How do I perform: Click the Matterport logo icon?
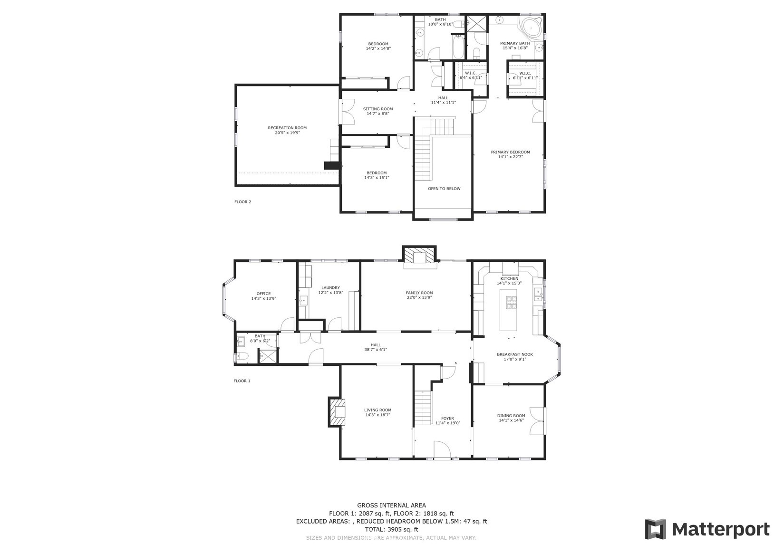pos(656,529)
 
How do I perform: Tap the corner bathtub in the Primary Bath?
pos(531,25)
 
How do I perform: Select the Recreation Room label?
pos(287,128)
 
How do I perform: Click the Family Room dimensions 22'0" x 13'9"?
pos(419,297)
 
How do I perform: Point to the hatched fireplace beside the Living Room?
pos(337,412)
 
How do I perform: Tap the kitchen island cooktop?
pos(512,303)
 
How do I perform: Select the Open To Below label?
pos(445,189)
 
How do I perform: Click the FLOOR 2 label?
pos(243,202)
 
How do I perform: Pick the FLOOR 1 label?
pos(242,381)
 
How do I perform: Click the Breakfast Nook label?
pos(515,354)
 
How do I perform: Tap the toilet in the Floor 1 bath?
pos(242,356)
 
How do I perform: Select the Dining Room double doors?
pos(537,421)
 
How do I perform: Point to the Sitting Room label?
pos(378,109)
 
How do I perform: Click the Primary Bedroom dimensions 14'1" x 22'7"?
pos(510,157)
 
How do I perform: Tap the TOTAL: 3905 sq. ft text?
pos(392,529)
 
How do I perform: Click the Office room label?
pos(263,294)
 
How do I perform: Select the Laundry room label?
pos(331,288)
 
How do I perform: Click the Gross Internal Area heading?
pos(392,505)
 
